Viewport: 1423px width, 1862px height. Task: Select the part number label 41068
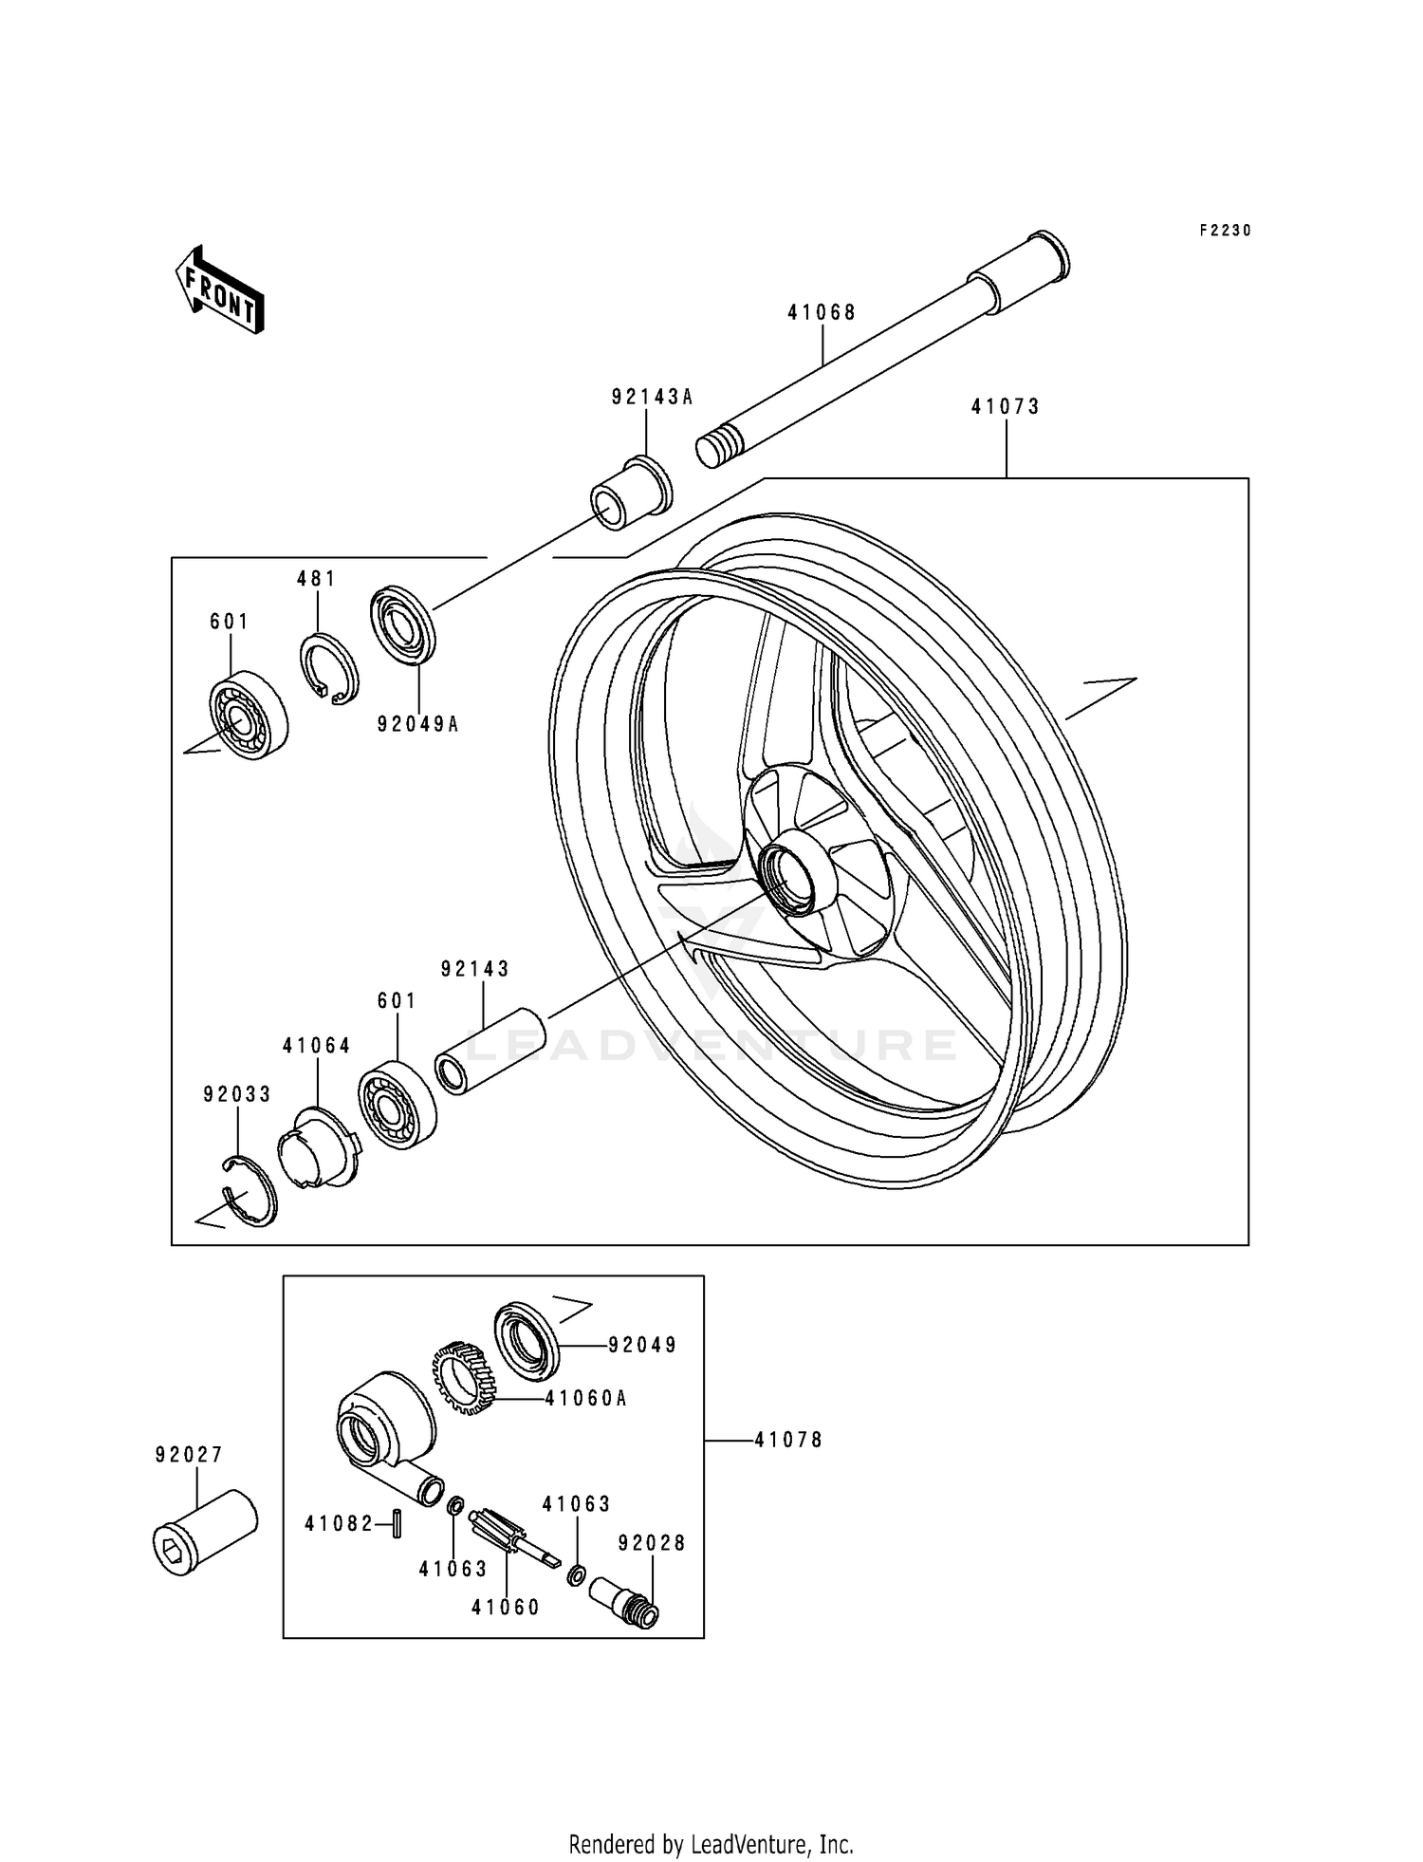point(822,312)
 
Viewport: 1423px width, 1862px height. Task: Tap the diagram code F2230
point(1225,231)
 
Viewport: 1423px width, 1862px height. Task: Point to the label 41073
point(1006,407)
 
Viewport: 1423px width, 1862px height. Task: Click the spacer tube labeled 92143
point(491,1052)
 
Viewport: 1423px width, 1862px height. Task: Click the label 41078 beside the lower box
point(788,1440)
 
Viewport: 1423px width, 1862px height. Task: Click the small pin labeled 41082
point(398,1523)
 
